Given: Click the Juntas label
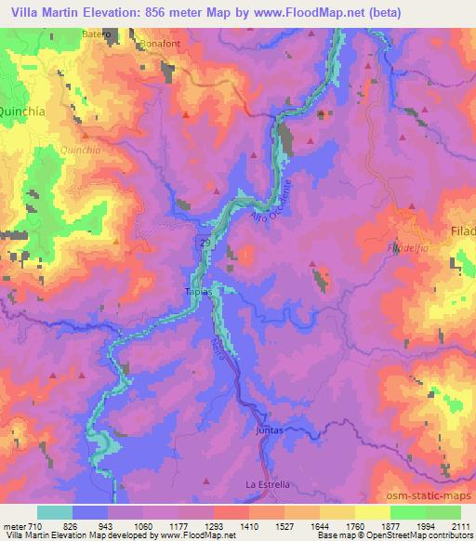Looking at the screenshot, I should point(267,430).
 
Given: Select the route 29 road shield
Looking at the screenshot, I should point(205,241).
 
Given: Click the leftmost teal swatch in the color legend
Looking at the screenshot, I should point(54,512).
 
